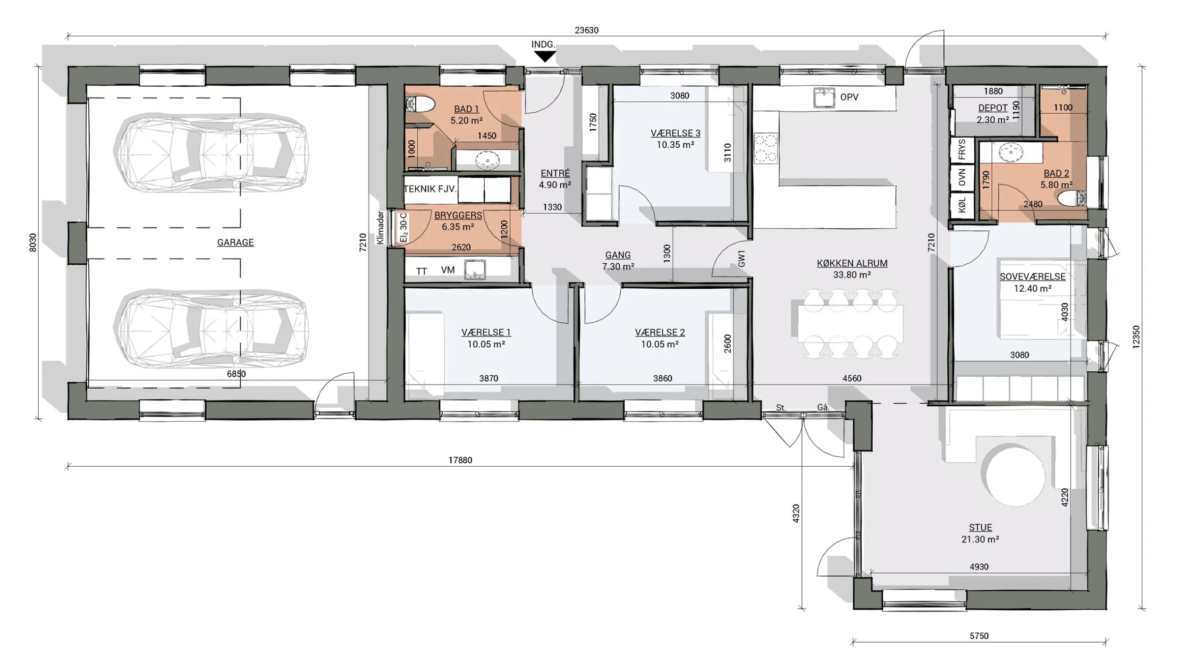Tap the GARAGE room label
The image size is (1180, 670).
(235, 243)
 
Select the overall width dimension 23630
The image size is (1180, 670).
(586, 30)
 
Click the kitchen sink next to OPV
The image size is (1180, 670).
(824, 97)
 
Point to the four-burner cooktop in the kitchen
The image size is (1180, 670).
(766, 148)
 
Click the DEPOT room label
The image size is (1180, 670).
(993, 108)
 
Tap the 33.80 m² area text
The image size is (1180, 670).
(852, 275)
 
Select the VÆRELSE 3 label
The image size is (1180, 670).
(675, 134)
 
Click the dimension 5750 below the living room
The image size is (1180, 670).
(979, 636)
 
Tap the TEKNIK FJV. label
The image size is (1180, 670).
(430, 189)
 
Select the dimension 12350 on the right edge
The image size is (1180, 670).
(1136, 337)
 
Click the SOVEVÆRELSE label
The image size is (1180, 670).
(1032, 277)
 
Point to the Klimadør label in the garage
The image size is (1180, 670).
(381, 227)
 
